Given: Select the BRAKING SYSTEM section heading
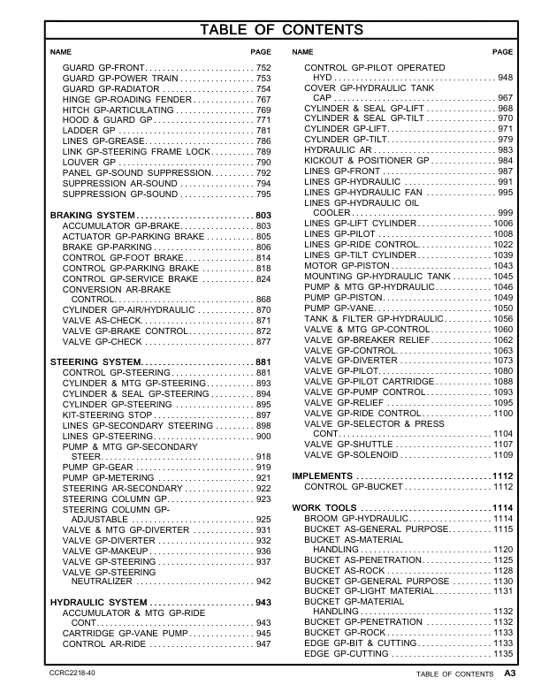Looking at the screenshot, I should (x=93, y=216).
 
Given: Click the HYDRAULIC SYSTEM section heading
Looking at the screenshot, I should (x=98, y=602).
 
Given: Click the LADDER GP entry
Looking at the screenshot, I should (x=86, y=131).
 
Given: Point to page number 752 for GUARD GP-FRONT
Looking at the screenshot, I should (x=263, y=68).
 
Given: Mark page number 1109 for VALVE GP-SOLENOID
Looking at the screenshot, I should (x=503, y=455).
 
